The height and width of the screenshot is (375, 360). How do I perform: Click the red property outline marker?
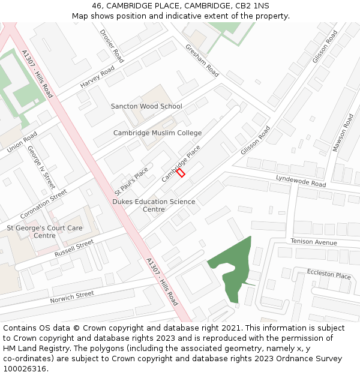(181, 172)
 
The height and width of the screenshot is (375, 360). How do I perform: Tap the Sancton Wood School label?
(146, 106)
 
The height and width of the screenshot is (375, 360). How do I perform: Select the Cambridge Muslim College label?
(157, 133)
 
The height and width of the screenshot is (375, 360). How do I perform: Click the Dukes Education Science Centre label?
(154, 205)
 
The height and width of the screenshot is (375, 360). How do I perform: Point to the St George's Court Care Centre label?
(44, 232)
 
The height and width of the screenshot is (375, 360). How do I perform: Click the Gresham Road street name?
(202, 60)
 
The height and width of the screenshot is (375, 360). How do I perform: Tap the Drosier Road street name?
(112, 46)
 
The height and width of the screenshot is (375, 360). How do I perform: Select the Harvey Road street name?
(97, 77)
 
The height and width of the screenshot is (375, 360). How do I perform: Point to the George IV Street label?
(41, 167)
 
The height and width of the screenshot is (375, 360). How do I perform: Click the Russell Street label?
(74, 248)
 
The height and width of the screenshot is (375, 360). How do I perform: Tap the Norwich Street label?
(72, 297)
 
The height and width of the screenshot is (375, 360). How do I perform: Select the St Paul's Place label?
(131, 180)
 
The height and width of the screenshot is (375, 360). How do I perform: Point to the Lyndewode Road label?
(301, 181)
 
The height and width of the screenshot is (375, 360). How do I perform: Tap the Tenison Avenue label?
(314, 241)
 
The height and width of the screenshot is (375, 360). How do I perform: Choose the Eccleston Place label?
(329, 274)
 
